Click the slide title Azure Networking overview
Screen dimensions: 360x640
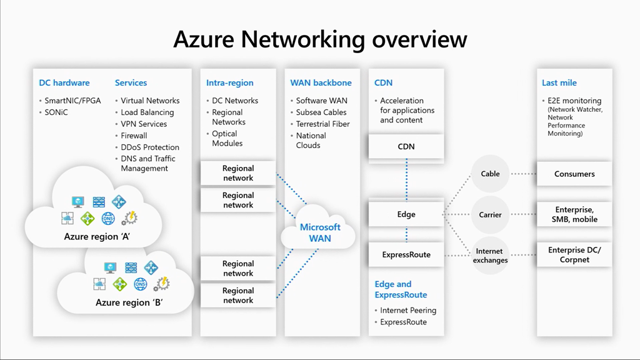click(x=320, y=39)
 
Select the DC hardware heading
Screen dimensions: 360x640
click(x=64, y=82)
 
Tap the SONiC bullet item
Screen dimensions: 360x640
click(x=56, y=112)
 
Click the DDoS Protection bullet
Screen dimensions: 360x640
click(x=150, y=147)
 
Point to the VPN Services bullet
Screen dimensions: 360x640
click(x=144, y=124)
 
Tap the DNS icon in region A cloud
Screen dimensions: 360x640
click(x=108, y=218)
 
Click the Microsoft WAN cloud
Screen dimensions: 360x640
click(x=320, y=232)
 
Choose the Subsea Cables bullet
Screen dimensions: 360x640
click(x=321, y=112)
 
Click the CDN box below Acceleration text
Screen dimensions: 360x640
click(x=406, y=147)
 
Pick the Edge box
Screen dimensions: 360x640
click(x=406, y=214)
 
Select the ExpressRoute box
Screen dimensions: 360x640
click(x=406, y=254)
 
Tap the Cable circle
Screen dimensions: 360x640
click(x=491, y=174)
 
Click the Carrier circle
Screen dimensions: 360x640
click(x=491, y=214)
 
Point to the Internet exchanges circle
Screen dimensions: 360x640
click(x=491, y=256)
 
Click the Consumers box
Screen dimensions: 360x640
click(x=574, y=174)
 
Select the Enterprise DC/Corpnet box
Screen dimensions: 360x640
click(x=574, y=255)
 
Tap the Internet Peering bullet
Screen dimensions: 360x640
click(x=408, y=311)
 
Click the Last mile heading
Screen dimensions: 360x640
click(x=559, y=82)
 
